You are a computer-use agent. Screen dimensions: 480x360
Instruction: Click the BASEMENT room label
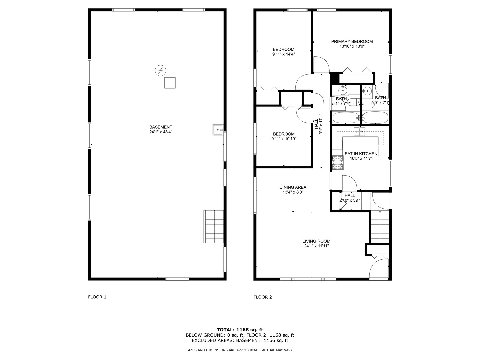(161, 127)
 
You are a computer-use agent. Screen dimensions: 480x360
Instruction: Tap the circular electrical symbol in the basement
(161, 70)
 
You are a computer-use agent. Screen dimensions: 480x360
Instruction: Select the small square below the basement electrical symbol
(170, 83)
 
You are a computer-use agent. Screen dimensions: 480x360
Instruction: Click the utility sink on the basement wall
(218, 130)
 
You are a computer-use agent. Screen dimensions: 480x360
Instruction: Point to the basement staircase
(214, 226)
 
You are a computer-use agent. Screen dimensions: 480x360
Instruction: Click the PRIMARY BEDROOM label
(352, 42)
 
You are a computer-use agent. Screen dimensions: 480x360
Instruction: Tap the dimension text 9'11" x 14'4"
(284, 54)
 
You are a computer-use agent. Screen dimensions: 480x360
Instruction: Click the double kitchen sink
(360, 131)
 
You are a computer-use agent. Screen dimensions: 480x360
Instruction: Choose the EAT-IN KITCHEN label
(361, 154)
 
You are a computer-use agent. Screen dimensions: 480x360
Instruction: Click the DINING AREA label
(293, 187)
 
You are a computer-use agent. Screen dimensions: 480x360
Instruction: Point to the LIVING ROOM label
(316, 241)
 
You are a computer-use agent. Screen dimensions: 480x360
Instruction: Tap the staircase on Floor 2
(380, 227)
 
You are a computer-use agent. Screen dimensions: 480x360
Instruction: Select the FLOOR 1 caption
(97, 297)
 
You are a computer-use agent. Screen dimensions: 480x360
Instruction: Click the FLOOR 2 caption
(263, 297)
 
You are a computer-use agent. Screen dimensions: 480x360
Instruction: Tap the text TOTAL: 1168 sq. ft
(240, 330)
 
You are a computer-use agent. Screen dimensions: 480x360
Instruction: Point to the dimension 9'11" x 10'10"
(284, 139)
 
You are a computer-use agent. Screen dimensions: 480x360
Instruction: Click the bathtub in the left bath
(346, 118)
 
